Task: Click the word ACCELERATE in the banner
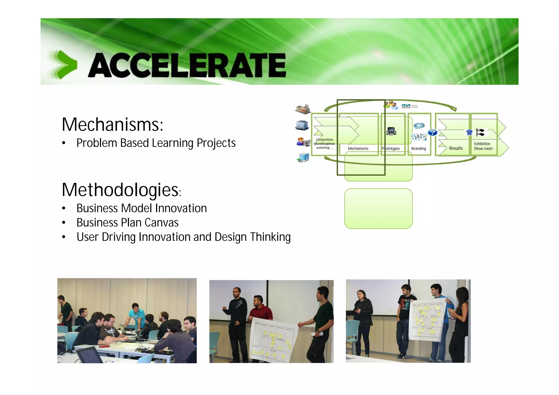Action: tap(187, 65)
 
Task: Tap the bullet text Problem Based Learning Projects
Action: tap(156, 143)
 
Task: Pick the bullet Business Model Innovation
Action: tap(141, 208)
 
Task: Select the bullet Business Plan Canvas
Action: tap(127, 223)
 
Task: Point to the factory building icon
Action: tap(303, 109)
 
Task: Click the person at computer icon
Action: tap(303, 142)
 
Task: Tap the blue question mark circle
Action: tap(432, 133)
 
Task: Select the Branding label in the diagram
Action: tap(418, 149)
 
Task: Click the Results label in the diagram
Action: tap(456, 148)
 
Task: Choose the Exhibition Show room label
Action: tap(483, 146)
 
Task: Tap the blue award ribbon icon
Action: tap(469, 133)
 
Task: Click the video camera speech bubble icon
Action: tap(419, 126)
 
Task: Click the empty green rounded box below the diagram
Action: tap(378, 209)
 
